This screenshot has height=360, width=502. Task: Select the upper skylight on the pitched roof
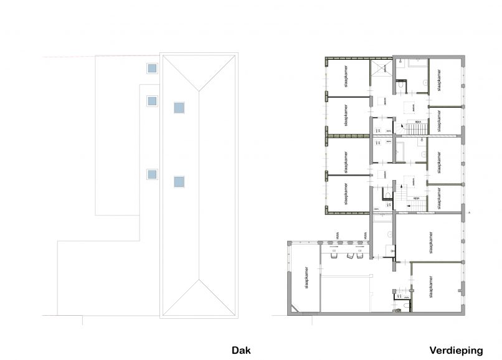coord(179,107)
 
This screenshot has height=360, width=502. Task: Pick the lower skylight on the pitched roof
coord(179,182)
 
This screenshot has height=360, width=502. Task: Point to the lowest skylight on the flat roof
coord(151,174)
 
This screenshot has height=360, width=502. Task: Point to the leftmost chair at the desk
coord(334,255)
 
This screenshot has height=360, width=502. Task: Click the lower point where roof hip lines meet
coord(199,282)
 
